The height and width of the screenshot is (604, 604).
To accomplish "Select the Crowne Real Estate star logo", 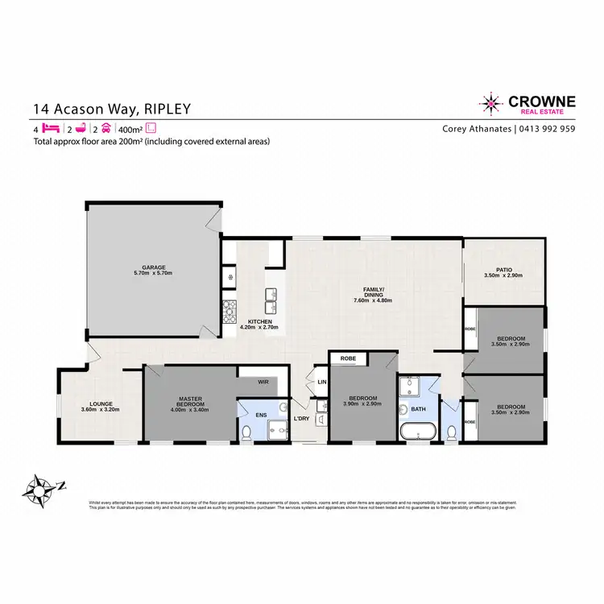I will point(490,103).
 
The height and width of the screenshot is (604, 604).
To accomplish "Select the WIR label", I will point(262,383).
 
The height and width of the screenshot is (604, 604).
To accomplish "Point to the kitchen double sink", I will point(271,300).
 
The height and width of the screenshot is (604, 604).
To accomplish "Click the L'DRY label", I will point(302,419).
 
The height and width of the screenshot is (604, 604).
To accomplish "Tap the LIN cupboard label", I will point(321,382).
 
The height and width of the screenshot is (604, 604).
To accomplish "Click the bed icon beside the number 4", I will point(51,129).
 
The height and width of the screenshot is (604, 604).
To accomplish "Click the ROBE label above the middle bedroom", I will point(349,358).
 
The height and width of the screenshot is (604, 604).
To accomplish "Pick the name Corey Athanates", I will point(476,129).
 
